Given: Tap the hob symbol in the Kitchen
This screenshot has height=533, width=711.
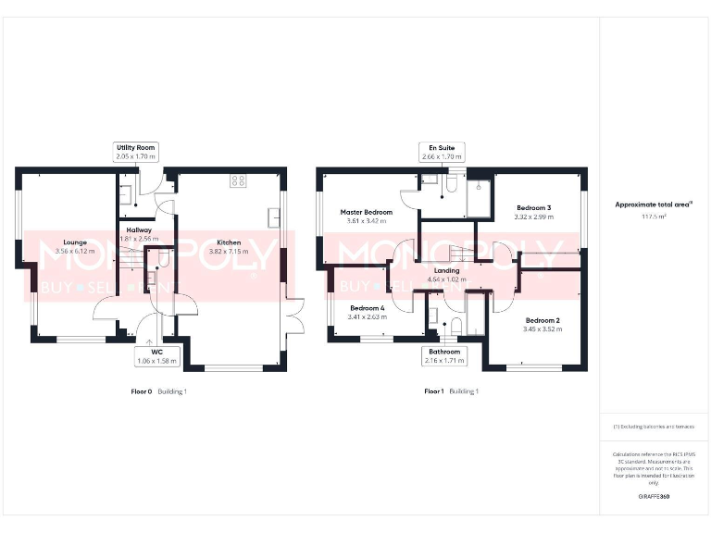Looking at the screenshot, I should [x=238, y=180].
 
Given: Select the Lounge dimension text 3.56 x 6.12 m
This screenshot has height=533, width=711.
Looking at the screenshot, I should [x=75, y=251].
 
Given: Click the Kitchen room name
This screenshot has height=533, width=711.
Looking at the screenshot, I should [x=229, y=242].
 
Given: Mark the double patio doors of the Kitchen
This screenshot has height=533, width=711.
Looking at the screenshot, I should [x=295, y=319].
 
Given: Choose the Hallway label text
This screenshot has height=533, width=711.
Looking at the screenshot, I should [x=139, y=229].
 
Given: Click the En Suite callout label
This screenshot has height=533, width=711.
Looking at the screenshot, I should [x=440, y=152].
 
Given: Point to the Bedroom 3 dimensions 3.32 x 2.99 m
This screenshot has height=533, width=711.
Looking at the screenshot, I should [x=534, y=217].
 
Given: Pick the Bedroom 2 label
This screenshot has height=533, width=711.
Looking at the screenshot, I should [x=542, y=320].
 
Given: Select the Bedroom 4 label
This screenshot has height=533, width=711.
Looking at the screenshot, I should [x=368, y=307].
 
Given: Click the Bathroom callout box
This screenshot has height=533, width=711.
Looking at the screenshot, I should [x=444, y=356].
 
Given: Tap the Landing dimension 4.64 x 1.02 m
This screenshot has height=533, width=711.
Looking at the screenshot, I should [x=444, y=279].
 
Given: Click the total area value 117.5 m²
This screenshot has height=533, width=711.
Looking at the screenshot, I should [x=654, y=217].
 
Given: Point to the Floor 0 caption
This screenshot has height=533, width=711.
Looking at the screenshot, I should [x=142, y=391].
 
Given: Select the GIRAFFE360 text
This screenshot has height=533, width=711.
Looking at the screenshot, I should [x=654, y=497].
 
